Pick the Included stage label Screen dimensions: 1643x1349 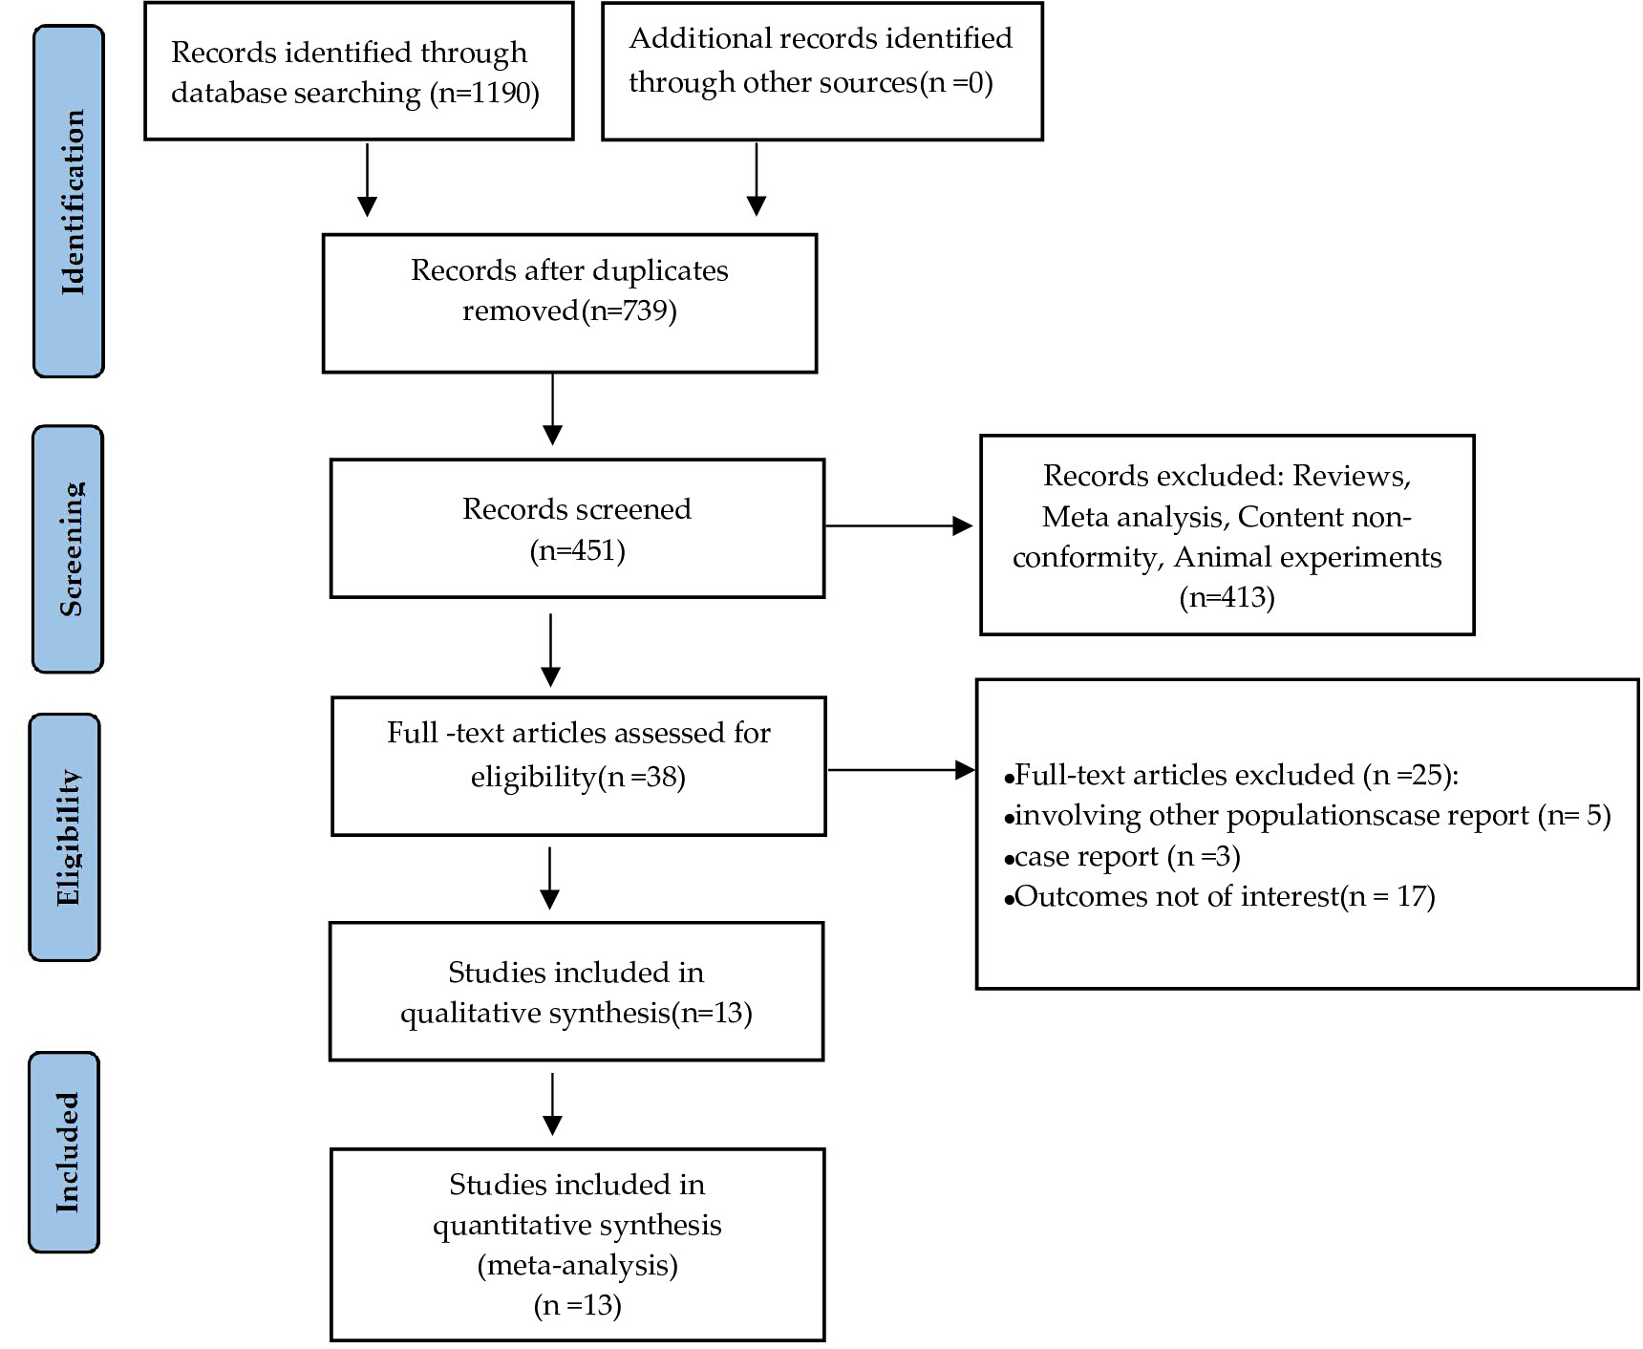pyautogui.click(x=65, y=1152)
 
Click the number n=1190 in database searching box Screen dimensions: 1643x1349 pyautogui.click(x=485, y=94)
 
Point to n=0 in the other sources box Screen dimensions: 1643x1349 pyautogui.click(x=956, y=83)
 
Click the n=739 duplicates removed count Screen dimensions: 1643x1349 pyautogui.click(x=629, y=311)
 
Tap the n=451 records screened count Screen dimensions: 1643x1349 pyautogui.click(x=577, y=551)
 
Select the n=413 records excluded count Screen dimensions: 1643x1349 pyautogui.click(x=1227, y=598)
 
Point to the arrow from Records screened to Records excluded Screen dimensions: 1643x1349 pyautogui.click(x=899, y=525)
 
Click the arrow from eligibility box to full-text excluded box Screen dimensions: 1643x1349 pyautogui.click(x=902, y=769)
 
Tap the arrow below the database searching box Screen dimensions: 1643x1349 pyautogui.click(x=367, y=180)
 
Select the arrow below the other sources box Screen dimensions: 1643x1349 pyautogui.click(x=756, y=180)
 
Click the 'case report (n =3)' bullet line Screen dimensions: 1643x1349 pyautogui.click(x=1122, y=856)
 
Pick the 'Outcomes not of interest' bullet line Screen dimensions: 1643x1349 pyautogui.click(x=1220, y=896)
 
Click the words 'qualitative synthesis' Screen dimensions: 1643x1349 pyautogui.click(x=535, y=1013)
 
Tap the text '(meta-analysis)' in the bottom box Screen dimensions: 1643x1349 pyautogui.click(x=577, y=1265)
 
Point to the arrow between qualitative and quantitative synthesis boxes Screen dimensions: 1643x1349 pyautogui.click(x=552, y=1104)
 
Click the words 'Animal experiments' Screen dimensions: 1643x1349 pyautogui.click(x=1308, y=557)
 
